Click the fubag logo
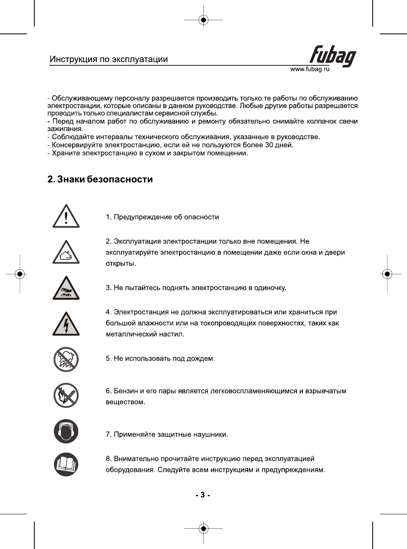point(333,56)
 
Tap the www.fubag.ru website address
point(310,69)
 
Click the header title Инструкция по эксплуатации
point(109,59)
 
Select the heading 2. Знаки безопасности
point(100,179)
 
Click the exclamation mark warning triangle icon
point(66,217)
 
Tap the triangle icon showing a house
point(66,253)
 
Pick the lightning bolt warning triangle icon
point(66,324)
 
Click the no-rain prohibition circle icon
point(66,359)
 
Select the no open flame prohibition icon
point(66,395)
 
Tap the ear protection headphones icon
point(66,431)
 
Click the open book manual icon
point(66,464)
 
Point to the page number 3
point(203,495)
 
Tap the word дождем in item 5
point(200,359)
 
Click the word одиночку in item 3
point(270,288)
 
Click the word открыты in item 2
point(120,264)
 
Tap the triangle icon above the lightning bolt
point(66,288)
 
